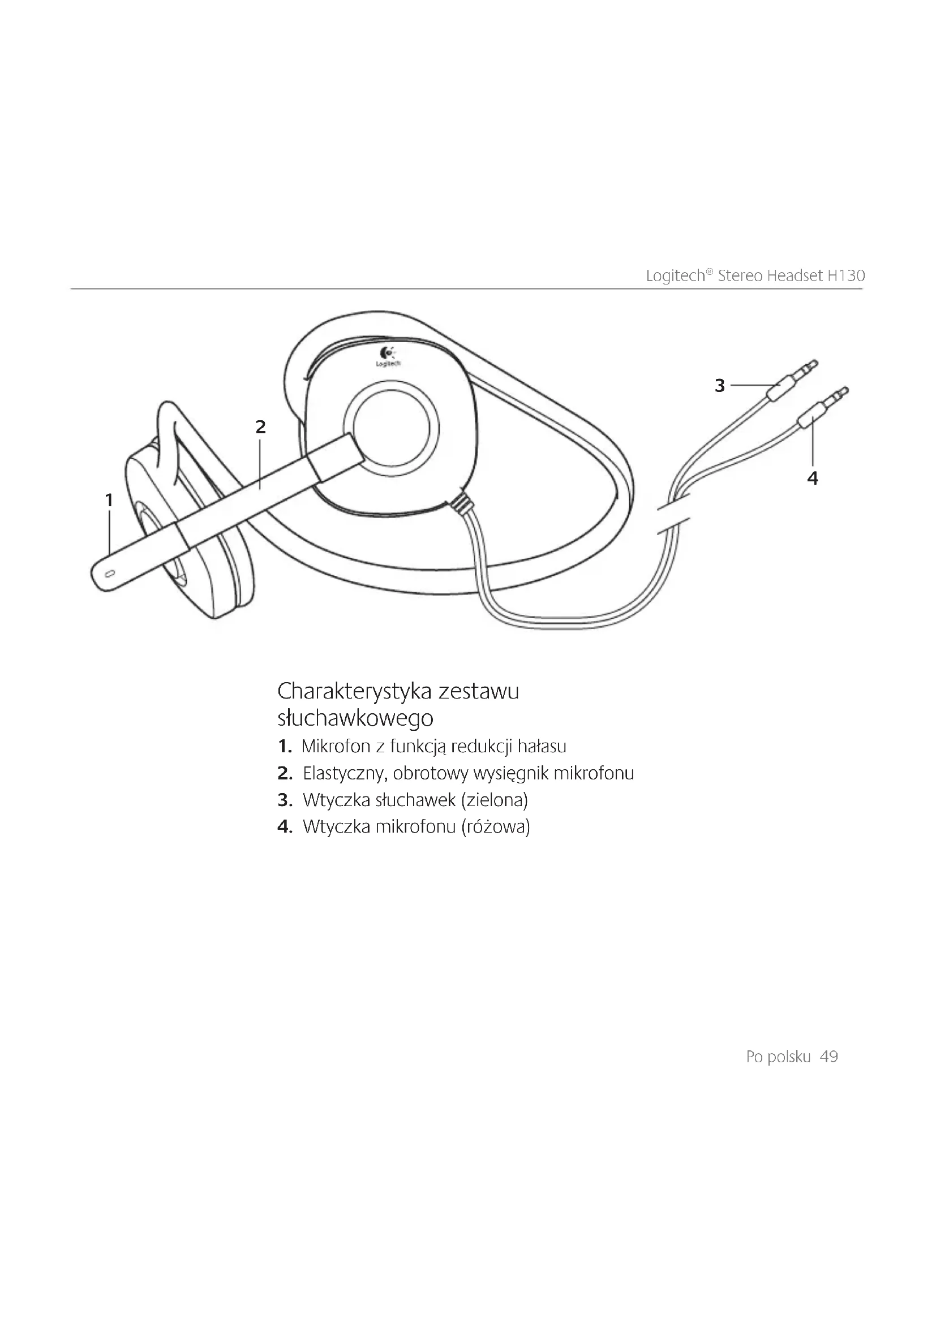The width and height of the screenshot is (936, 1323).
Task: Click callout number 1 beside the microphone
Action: (x=109, y=500)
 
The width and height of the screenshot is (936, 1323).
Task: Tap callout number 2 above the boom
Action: (x=260, y=428)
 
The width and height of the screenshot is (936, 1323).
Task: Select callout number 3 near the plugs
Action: (x=719, y=386)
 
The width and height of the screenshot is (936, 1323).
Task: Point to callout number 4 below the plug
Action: (x=813, y=478)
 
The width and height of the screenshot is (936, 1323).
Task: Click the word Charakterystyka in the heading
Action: (x=354, y=691)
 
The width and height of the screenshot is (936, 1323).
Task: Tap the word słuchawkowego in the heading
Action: (x=355, y=718)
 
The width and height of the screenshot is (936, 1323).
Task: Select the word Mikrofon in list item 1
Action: (x=336, y=747)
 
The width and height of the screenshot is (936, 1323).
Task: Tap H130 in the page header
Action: (x=846, y=276)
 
